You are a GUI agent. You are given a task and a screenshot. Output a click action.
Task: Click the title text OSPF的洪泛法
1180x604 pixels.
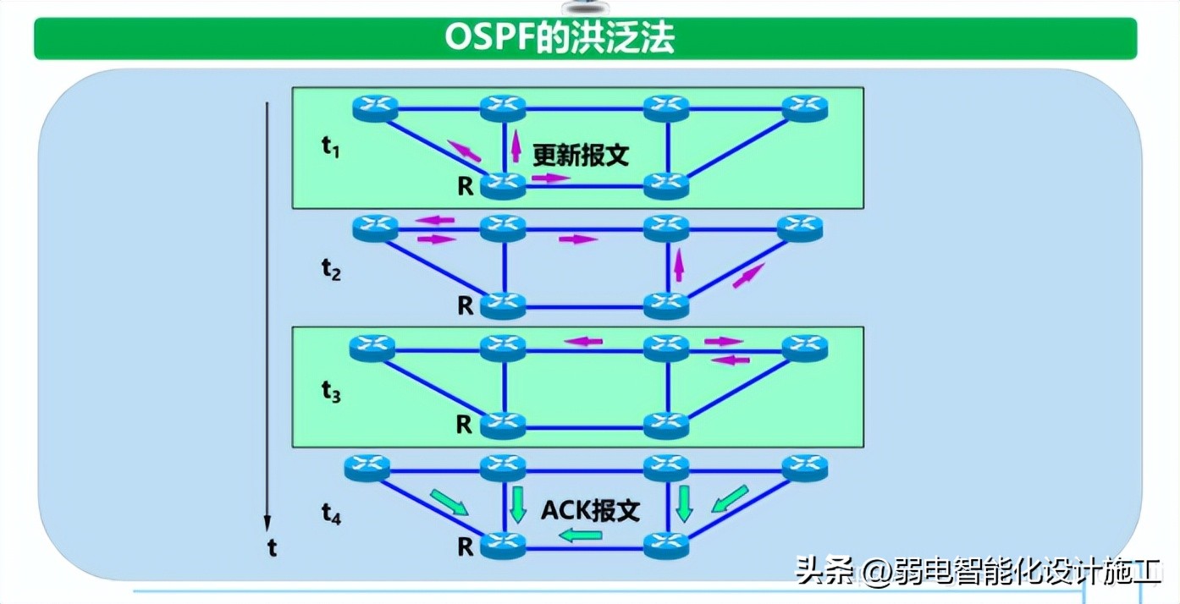pyautogui.click(x=560, y=38)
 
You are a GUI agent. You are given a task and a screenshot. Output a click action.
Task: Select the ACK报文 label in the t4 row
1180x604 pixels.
pyautogui.click(x=591, y=511)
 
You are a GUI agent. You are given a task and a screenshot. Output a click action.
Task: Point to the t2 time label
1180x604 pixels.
pyautogui.click(x=331, y=269)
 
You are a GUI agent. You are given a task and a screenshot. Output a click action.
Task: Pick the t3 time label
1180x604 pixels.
pyautogui.click(x=331, y=391)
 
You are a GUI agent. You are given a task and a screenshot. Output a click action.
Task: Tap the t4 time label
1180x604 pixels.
pyautogui.click(x=331, y=511)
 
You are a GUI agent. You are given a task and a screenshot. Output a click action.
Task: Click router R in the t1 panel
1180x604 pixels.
pyautogui.click(x=503, y=184)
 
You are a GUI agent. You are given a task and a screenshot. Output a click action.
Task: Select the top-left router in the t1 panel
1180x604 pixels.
pyautogui.click(x=374, y=107)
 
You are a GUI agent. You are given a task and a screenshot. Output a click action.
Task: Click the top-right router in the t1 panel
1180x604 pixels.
pyautogui.click(x=804, y=107)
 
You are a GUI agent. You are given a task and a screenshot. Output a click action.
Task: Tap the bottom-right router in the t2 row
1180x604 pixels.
pyautogui.click(x=666, y=305)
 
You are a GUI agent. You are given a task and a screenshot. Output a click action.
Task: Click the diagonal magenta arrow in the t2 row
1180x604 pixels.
pyautogui.click(x=749, y=275)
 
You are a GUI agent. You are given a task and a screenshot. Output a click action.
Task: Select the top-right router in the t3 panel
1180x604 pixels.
pyautogui.click(x=804, y=347)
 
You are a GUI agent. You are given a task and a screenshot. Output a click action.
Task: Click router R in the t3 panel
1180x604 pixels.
pyautogui.click(x=503, y=425)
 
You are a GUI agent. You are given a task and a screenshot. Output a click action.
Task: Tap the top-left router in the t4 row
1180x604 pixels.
pyautogui.click(x=367, y=466)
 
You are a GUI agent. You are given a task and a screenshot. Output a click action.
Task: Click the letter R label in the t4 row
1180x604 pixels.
pyautogui.click(x=465, y=547)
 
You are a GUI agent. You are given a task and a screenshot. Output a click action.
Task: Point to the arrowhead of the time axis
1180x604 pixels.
pyautogui.click(x=267, y=524)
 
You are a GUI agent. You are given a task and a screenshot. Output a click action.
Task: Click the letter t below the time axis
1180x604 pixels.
pyautogui.click(x=272, y=549)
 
